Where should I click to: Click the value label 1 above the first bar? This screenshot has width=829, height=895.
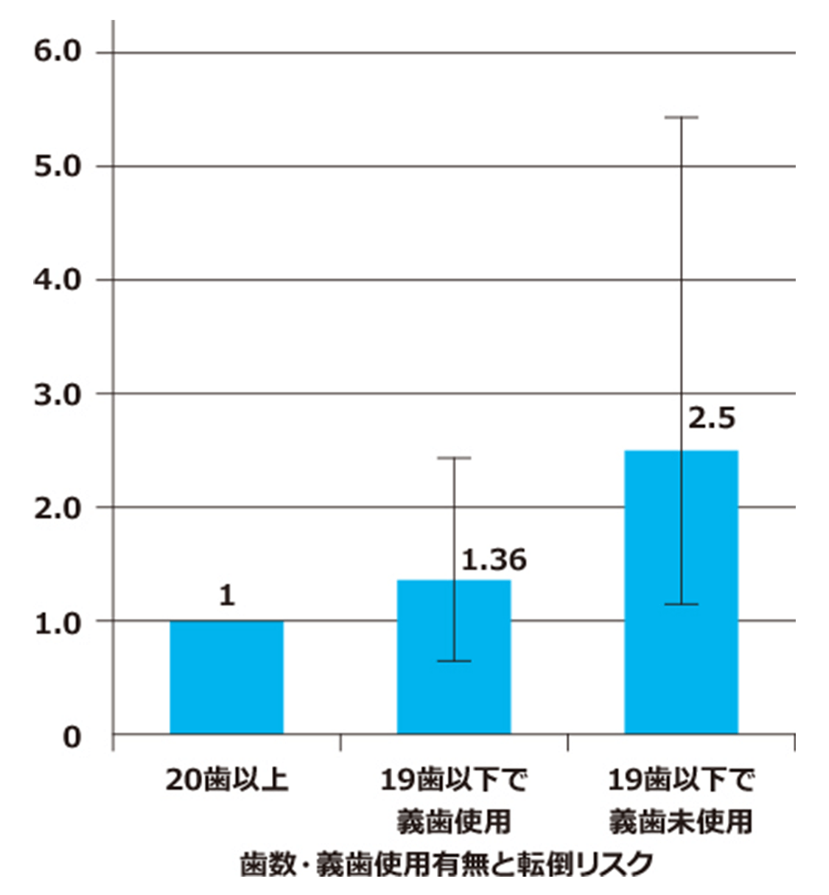pos(226,596)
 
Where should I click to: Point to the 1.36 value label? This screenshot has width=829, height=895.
pos(493,561)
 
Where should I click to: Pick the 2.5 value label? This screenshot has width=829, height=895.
pos(711,417)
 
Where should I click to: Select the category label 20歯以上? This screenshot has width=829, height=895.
pos(226,781)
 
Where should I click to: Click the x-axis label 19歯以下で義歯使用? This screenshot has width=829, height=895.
pos(453,801)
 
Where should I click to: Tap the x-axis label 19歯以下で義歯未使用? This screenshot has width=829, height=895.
pos(681,801)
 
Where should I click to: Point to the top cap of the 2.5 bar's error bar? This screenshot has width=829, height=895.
pos(681,118)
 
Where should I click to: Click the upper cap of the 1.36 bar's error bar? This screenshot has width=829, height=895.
pos(453,457)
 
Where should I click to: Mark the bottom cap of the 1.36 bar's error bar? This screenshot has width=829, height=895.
pos(453,660)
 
